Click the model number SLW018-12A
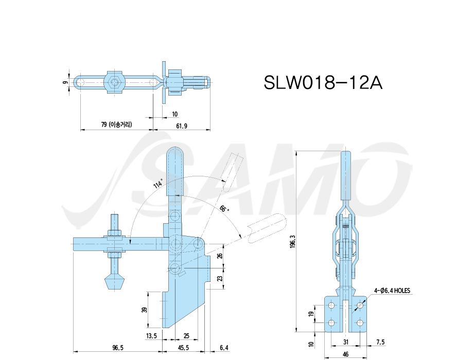[x=323, y=82]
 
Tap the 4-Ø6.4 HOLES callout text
[x=392, y=291]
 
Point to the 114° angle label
[x=158, y=183]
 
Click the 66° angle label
[x=224, y=208]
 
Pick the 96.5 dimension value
[x=118, y=348]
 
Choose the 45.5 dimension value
[x=183, y=348]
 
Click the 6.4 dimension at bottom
[x=224, y=348]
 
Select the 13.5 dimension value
[x=151, y=335]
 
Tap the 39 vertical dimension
[x=144, y=310]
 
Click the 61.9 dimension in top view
[x=181, y=125]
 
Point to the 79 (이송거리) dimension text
[x=116, y=124]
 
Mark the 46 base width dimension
[x=345, y=354]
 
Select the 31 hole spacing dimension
[x=346, y=342]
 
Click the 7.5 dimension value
[x=381, y=342]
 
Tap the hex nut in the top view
[x=113, y=82]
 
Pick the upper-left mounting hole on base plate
[x=331, y=305]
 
